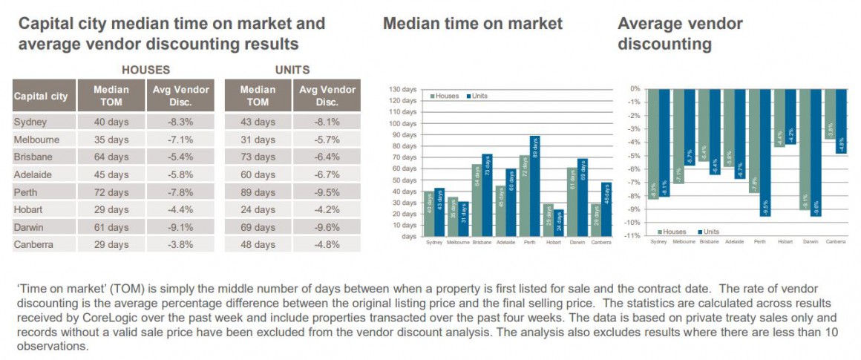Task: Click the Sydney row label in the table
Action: coord(30,121)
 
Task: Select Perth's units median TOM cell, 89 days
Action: coord(258,192)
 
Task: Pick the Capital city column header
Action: coord(41,96)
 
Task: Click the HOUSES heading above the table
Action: coord(145,70)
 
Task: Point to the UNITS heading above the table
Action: coord(292,70)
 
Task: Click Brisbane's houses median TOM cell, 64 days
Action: coord(111,157)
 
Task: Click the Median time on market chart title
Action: coord(473,24)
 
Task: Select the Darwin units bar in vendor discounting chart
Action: coord(816,152)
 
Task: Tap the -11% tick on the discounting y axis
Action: coord(633,236)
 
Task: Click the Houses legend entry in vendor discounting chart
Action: coord(672,232)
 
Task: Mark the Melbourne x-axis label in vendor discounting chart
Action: coord(684,242)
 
